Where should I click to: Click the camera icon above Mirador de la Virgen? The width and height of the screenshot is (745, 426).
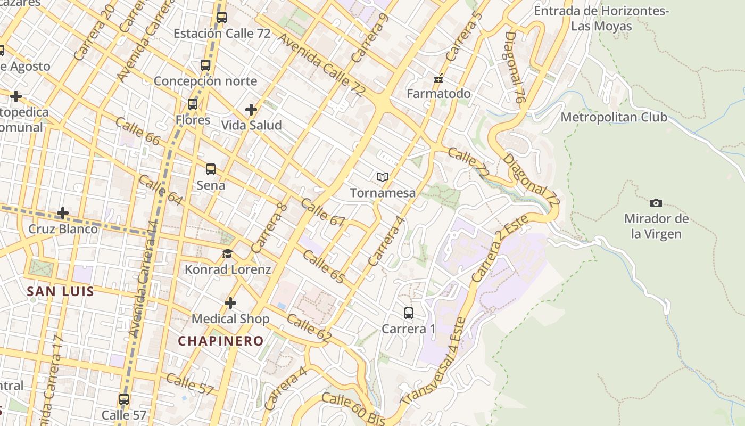[656, 203]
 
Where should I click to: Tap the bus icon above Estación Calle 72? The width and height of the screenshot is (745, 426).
[222, 17]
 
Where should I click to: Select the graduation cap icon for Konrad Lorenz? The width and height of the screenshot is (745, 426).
[228, 253]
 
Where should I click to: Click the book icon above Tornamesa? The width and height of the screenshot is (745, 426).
[383, 177]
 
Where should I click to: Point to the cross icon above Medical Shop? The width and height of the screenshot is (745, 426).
[230, 303]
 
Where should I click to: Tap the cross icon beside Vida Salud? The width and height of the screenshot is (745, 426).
[251, 110]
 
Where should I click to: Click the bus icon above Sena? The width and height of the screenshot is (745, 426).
[211, 169]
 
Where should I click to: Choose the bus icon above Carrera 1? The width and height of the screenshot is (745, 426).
[409, 313]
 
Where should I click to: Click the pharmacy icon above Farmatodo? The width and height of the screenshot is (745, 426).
[438, 79]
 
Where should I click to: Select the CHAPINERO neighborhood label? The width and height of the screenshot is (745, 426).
[221, 341]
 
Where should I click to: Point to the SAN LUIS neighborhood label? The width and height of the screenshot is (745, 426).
[61, 291]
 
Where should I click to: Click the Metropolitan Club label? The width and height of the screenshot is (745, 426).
[614, 117]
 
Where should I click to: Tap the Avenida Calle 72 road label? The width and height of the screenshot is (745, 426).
[321, 65]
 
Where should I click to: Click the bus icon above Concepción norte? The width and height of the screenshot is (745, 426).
[205, 65]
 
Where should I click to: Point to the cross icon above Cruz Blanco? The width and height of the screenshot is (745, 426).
[63, 213]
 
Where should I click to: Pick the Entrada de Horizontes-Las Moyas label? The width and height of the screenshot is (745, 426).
[602, 19]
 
